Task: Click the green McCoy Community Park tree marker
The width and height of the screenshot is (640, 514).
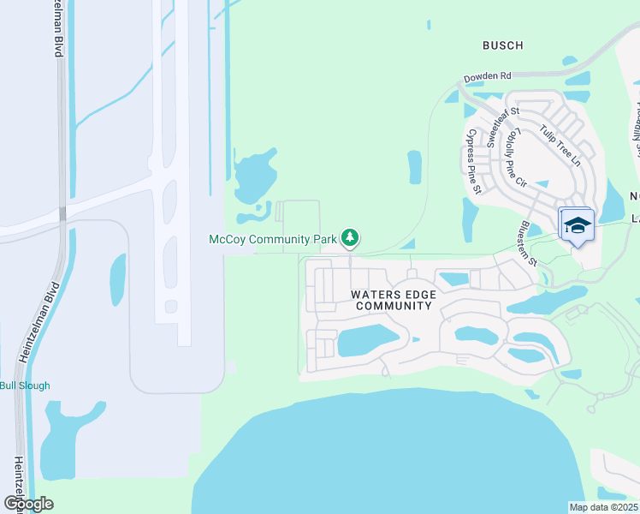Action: (349, 237)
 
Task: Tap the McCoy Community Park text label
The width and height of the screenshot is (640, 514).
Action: (273, 240)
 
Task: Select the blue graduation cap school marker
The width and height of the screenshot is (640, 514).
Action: (577, 225)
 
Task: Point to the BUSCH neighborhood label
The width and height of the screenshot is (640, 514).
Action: (502, 45)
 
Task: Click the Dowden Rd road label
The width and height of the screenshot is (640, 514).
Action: (487, 77)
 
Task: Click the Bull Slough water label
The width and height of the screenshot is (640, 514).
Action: (25, 385)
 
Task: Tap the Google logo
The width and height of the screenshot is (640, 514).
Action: (29, 503)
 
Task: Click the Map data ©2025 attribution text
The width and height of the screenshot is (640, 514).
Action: (603, 507)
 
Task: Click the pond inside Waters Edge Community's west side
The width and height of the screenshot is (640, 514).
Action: (368, 341)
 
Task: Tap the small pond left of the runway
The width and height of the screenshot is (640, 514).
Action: (117, 279)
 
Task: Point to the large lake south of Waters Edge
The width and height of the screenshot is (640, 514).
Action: (385, 454)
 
